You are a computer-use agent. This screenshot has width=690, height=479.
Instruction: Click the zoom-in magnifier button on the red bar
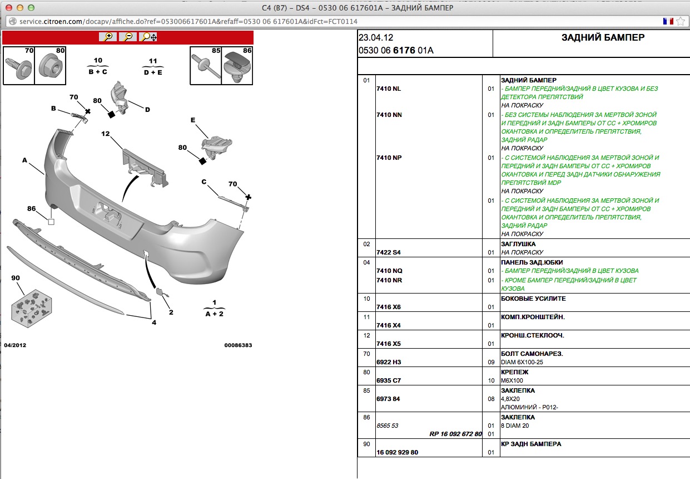point(108,37)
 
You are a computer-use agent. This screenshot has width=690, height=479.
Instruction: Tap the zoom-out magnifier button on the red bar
point(128,37)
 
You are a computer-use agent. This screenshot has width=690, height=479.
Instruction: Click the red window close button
point(9,8)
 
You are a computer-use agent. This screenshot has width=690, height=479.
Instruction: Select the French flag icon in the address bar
point(668,21)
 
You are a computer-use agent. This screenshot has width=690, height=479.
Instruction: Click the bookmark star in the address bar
point(681,21)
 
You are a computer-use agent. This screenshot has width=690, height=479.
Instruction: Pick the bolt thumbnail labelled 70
point(19,65)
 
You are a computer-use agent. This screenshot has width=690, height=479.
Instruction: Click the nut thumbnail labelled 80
point(50,65)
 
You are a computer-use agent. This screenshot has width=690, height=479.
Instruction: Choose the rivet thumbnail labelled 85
point(206,65)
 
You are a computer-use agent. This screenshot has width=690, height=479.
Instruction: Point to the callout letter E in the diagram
point(193,120)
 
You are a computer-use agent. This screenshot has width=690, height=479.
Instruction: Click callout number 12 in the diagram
point(105,134)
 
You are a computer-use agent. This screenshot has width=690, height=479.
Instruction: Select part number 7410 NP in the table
point(389,158)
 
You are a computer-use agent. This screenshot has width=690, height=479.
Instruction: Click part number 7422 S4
point(389,252)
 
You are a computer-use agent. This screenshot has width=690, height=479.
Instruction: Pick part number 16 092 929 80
point(398,452)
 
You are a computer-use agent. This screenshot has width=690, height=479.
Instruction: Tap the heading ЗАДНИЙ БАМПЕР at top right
point(603,37)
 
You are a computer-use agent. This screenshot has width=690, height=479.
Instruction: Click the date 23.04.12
point(376,38)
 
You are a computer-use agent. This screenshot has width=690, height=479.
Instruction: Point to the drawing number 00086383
point(238,345)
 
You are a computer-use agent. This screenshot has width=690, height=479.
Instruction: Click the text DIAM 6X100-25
point(522,362)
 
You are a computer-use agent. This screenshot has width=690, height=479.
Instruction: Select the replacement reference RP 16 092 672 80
point(455,434)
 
